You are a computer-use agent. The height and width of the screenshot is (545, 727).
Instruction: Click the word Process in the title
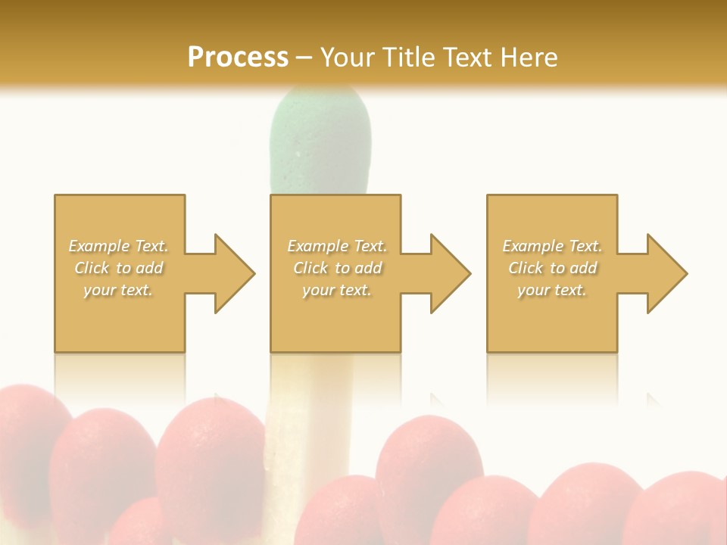click(238, 58)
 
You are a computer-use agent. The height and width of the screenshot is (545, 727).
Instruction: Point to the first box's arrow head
click(234, 273)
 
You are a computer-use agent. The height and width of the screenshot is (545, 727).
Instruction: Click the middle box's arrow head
click(450, 273)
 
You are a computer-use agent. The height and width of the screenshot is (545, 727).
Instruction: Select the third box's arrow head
click(666, 273)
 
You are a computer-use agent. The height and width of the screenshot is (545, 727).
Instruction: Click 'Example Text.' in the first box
click(119, 246)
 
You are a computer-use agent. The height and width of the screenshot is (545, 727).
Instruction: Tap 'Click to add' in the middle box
click(337, 268)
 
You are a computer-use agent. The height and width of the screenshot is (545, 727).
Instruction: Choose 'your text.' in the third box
click(552, 290)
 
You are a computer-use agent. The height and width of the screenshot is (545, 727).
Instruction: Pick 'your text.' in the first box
click(119, 290)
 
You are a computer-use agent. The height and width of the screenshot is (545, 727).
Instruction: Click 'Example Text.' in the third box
click(552, 246)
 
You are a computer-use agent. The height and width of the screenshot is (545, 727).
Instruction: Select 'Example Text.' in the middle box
click(337, 246)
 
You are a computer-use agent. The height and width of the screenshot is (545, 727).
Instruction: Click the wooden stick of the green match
click(310, 409)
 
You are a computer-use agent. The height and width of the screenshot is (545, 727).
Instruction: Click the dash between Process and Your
click(304, 58)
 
